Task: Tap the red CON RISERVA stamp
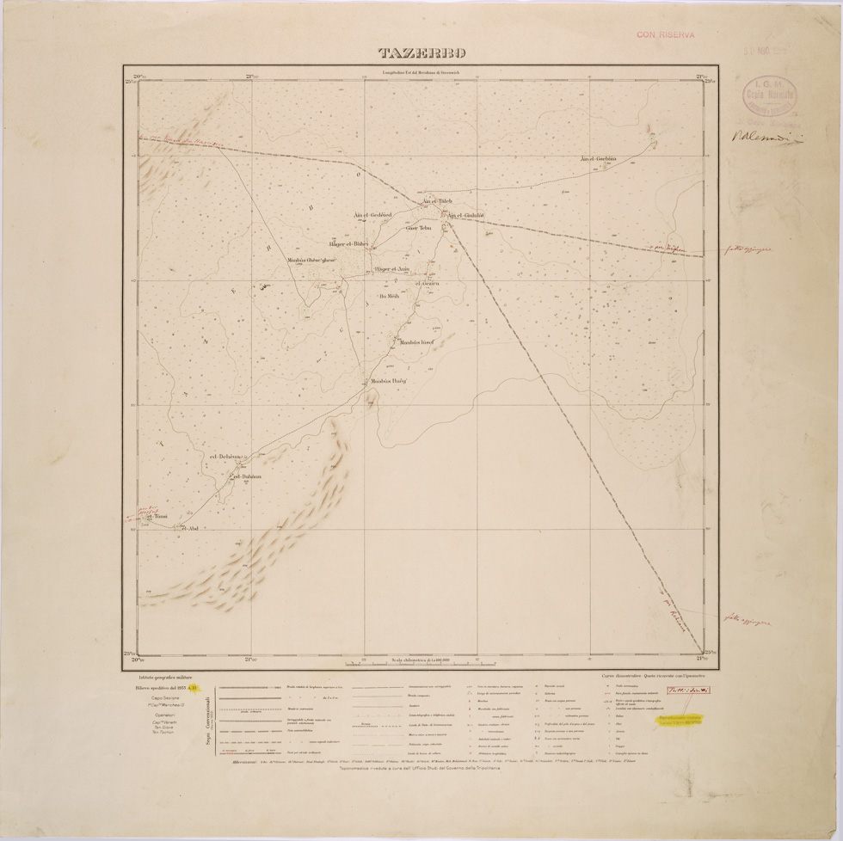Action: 665,35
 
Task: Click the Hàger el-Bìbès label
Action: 348,244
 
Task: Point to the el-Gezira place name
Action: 428,283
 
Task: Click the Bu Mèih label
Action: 402,296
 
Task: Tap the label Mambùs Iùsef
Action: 415,342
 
